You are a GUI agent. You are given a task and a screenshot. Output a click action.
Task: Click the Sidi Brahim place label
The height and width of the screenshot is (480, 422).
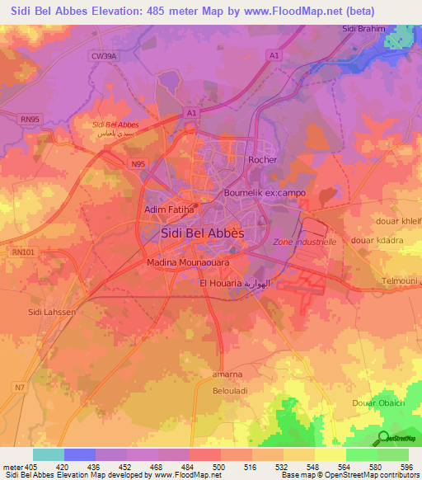364,29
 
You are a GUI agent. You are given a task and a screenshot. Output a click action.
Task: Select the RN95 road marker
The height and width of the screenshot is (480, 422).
30,118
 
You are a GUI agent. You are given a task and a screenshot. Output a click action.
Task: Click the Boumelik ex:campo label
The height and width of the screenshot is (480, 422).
265,193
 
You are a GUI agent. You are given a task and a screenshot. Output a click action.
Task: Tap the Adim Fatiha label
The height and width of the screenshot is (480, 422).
169,210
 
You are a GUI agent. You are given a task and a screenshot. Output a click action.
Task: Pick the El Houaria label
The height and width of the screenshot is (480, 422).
223,283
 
